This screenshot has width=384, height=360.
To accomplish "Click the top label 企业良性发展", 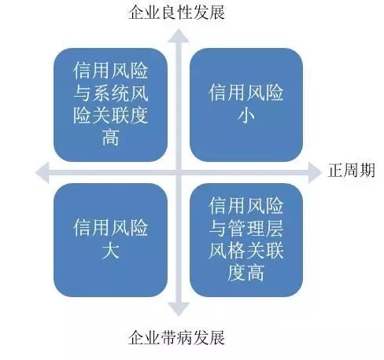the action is tap(176, 12).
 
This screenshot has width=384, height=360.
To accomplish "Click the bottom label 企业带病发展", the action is tap(176, 337).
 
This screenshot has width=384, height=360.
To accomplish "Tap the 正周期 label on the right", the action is tap(351, 170).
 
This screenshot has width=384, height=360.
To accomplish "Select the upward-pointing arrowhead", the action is tap(179, 36).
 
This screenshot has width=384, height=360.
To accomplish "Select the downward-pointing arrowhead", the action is tap(179, 309).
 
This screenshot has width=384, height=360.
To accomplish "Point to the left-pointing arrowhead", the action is tap(42, 172).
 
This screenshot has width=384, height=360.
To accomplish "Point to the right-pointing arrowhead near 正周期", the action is tap(315, 172).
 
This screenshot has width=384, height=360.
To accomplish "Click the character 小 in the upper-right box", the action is tap(246, 116).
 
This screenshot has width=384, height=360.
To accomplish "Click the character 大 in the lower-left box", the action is tap(110, 251).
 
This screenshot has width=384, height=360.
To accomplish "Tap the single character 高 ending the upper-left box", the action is tap(110, 138).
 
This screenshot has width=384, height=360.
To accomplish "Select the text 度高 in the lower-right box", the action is tap(246, 273).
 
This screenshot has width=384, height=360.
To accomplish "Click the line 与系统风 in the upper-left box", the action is tap(110, 93).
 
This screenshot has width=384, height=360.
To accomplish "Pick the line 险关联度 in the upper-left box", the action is tap(110, 116).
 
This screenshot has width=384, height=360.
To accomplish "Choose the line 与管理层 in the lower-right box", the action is tap(246, 228).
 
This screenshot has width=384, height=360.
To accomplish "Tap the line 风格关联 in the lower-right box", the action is tap(246, 251).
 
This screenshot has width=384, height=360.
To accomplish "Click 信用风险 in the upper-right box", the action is tap(246, 93).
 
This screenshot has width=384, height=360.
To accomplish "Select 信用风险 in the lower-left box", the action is tap(110, 228).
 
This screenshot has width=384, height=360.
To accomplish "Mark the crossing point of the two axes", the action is tap(179, 172).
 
